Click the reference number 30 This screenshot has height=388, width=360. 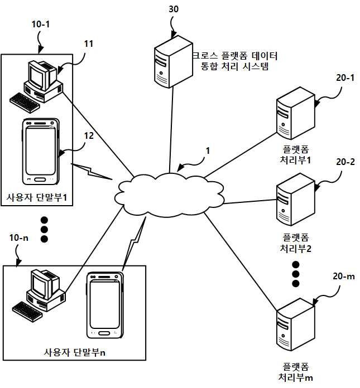pos(174,9)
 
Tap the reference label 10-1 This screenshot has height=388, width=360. pos(41,25)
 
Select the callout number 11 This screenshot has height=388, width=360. pos(89,44)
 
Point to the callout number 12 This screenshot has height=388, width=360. pos(89,135)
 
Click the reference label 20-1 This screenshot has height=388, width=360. pos(345,77)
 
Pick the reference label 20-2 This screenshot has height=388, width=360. pos(345,162)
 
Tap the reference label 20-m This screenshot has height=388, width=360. pos(344,276)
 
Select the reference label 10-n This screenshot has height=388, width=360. pos(19,238)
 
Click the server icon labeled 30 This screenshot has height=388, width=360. pos(174,62)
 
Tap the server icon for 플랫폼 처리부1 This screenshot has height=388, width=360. pos(295,113)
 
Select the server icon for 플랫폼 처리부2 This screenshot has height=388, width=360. pos(295,200)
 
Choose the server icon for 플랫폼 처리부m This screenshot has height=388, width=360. pos(295,324)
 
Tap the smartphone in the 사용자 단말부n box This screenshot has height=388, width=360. pos(105,305)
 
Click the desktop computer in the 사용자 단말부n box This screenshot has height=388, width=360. pos(39,295)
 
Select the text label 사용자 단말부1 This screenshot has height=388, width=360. pos(37,197)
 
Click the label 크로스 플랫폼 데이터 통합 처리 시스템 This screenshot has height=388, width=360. pos(235,61)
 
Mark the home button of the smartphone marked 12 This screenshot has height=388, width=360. pos(40,180)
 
